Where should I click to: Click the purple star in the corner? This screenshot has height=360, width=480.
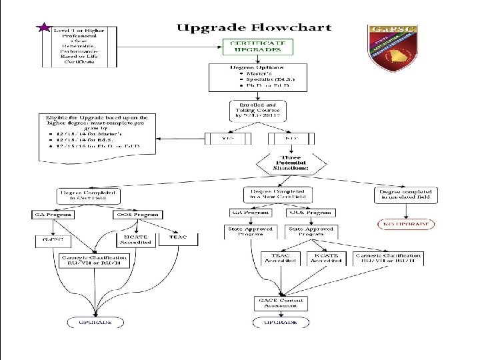(x=43, y=29)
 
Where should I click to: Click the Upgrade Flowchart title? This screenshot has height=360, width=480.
(x=253, y=28)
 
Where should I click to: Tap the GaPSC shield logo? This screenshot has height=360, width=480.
(x=391, y=47)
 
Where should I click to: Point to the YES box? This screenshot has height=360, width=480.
(x=227, y=139)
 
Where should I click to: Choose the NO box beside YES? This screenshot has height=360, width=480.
(x=291, y=139)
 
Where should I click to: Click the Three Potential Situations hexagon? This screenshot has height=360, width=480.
(x=290, y=163)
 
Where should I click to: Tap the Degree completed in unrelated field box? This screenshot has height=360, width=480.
(x=405, y=194)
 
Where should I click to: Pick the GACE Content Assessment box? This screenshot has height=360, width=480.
(x=281, y=303)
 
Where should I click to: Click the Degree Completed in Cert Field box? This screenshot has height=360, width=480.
(x=89, y=195)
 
